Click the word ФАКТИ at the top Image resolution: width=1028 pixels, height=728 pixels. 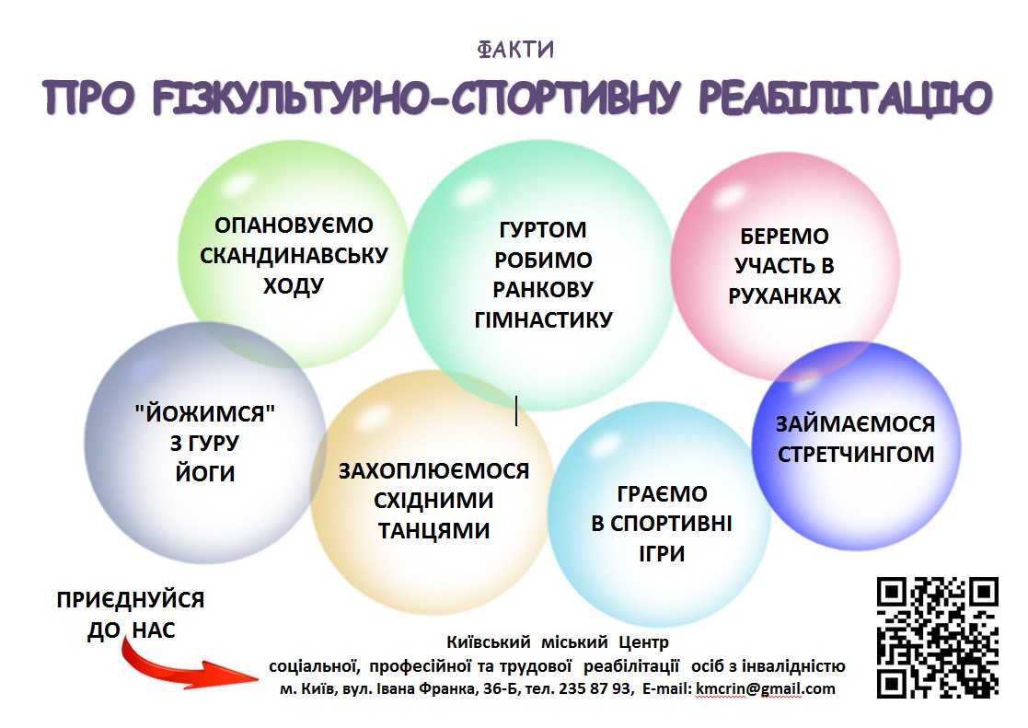[x=515, y=49]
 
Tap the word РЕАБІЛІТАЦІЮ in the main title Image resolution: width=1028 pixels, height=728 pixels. [x=845, y=98]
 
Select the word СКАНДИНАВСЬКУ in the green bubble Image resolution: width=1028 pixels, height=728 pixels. [x=294, y=255]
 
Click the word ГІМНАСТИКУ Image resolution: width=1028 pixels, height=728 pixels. [x=543, y=319]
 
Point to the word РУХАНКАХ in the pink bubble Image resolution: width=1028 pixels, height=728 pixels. [x=784, y=295]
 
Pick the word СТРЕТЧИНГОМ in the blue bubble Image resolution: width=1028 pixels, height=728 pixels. [x=856, y=454]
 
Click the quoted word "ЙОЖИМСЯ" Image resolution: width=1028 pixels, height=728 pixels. [x=204, y=413]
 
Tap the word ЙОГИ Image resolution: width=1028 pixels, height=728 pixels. [x=204, y=473]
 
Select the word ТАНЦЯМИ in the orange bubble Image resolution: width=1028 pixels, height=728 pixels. [x=433, y=530]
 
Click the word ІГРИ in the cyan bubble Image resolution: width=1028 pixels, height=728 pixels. [x=662, y=553]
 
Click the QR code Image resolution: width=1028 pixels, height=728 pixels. [x=938, y=638]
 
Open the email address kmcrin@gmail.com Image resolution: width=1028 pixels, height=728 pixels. [x=765, y=688]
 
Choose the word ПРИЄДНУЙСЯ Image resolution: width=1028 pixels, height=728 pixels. [x=131, y=599]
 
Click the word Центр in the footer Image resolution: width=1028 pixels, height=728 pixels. [x=643, y=641]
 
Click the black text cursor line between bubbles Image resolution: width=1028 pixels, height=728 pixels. [x=516, y=410]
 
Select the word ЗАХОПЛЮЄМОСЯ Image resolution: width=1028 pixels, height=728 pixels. [x=433, y=470]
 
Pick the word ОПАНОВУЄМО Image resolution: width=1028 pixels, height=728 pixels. [x=294, y=225]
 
